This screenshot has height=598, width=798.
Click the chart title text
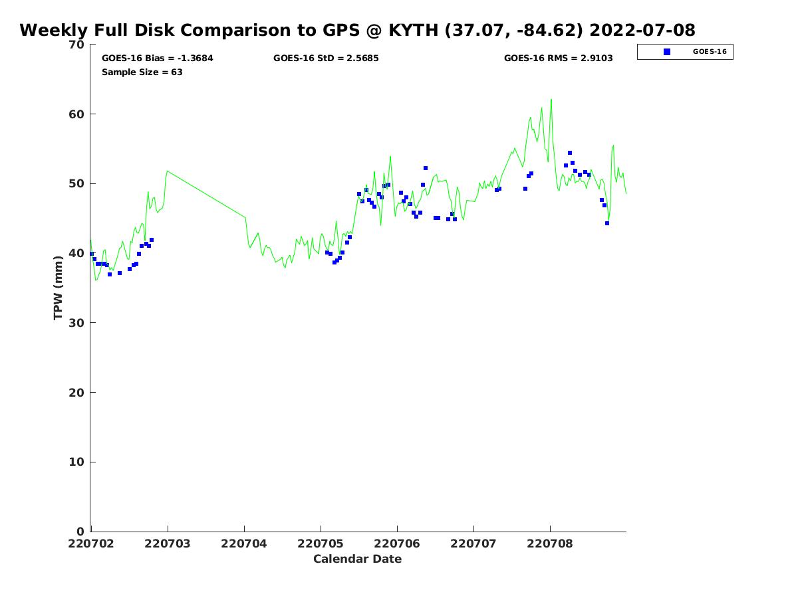pyautogui.click(x=357, y=30)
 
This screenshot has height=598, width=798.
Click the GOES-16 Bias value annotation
pyautogui.click(x=157, y=58)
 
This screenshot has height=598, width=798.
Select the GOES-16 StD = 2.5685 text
pyautogui.click(x=326, y=58)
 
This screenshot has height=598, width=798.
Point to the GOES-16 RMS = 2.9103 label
pyautogui.click(x=558, y=58)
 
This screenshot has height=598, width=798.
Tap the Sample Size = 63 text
pyautogui.click(x=142, y=72)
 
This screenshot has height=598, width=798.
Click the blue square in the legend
pyautogui.click(x=667, y=52)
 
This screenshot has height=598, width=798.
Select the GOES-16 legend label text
pyautogui.click(x=710, y=52)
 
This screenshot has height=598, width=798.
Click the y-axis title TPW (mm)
pyautogui.click(x=58, y=288)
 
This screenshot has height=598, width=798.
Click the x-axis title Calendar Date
pyautogui.click(x=357, y=559)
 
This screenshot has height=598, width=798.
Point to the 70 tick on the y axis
pyautogui.click(x=76, y=45)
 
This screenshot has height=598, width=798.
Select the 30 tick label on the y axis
pyautogui.click(x=76, y=323)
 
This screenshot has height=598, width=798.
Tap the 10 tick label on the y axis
pyautogui.click(x=76, y=462)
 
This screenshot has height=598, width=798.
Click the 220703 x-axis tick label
pyautogui.click(x=167, y=544)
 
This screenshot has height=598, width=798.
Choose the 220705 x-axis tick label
pyautogui.click(x=321, y=544)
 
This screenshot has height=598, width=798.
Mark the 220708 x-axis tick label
pyautogui.click(x=550, y=544)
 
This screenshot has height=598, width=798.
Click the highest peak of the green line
pyautogui.click(x=551, y=99)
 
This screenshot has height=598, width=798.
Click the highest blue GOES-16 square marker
pyautogui.click(x=570, y=153)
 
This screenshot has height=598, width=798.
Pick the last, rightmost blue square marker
pyautogui.click(x=606, y=223)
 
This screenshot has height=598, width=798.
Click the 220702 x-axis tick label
pyautogui.click(x=91, y=544)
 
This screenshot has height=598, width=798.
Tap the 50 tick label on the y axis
pyautogui.click(x=76, y=184)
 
